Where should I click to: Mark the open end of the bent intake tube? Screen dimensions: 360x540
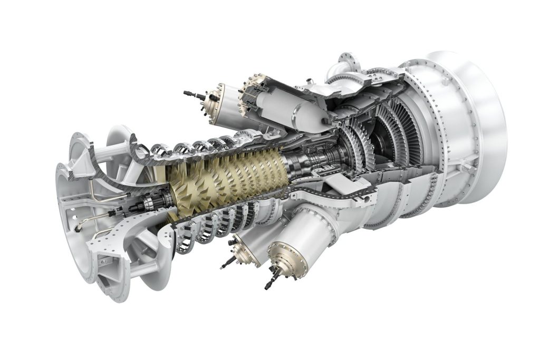tap(78, 228)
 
